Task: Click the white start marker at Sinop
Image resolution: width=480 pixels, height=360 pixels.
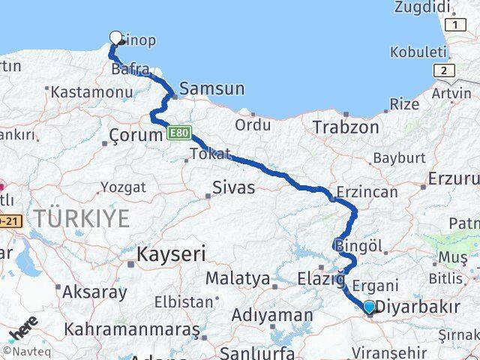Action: click(116, 37)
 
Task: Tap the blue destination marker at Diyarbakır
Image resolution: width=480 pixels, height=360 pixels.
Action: click(369, 307)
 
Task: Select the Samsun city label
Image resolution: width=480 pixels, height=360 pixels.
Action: click(211, 88)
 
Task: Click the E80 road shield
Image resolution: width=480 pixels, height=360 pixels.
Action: click(178, 133)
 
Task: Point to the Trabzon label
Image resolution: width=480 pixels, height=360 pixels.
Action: click(346, 127)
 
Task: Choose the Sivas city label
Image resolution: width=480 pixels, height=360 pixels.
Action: click(234, 187)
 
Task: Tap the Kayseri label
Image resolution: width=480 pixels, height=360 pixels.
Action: click(170, 254)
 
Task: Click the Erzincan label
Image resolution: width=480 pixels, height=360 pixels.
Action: click(368, 192)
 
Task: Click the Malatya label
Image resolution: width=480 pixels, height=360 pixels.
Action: click(238, 278)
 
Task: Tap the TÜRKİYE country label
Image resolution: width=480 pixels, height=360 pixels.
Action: click(82, 219)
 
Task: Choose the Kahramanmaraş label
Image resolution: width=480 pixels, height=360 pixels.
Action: click(132, 328)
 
